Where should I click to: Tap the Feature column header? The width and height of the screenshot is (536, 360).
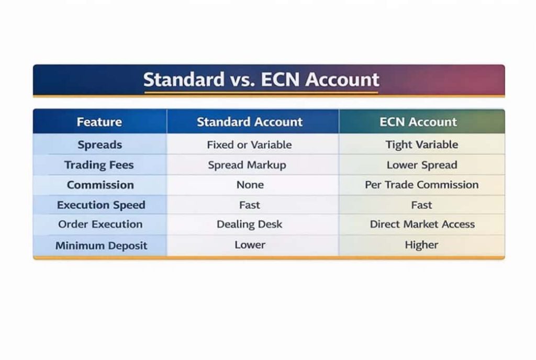(99, 122)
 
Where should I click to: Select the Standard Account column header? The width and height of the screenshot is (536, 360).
(250, 122)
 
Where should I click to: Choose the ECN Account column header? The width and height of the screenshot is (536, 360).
(418, 122)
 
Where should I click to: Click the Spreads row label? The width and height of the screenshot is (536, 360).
(99, 145)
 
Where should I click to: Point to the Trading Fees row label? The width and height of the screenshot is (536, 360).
(99, 165)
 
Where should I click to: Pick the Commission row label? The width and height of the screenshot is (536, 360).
(100, 185)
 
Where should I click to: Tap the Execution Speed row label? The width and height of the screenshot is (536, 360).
(101, 205)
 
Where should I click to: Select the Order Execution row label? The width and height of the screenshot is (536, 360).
(100, 224)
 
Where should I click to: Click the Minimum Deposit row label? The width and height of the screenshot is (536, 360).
(101, 245)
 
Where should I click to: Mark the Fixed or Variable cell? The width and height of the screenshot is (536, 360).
(249, 145)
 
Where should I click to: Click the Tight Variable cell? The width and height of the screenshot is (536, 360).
(421, 145)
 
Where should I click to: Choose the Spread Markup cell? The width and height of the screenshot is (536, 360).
(247, 165)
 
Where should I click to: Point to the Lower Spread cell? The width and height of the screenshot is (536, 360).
(421, 165)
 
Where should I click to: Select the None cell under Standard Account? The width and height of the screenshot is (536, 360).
(250, 185)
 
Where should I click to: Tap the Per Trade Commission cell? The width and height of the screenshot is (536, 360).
(421, 185)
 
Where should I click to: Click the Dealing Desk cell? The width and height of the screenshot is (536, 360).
(249, 224)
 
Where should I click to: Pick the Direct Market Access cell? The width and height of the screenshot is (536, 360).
(422, 224)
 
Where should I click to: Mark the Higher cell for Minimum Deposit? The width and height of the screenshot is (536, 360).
(421, 245)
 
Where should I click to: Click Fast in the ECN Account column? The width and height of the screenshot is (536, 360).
(421, 205)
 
